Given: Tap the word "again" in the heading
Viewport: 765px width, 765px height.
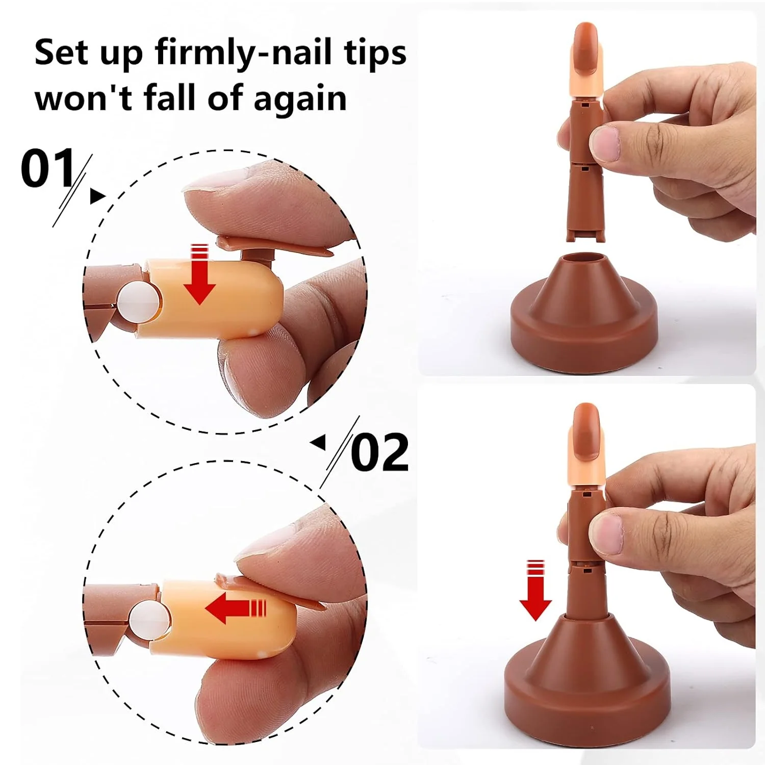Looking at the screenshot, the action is pos(300,99).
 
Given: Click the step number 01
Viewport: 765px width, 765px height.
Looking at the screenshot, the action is pos(48,168).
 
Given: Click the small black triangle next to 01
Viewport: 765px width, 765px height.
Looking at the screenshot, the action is pos(97,196).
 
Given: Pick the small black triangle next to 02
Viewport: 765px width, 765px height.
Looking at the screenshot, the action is pos(318,442).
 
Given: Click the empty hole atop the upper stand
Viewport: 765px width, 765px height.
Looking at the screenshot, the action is pos(584,258).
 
